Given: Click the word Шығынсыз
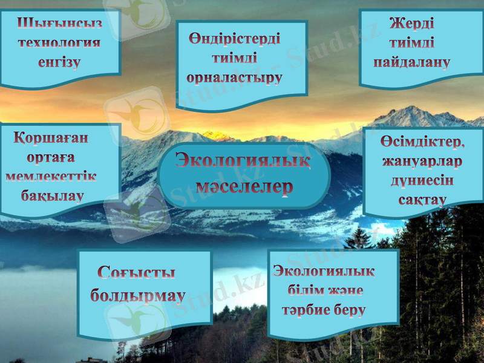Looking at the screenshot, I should (59, 24).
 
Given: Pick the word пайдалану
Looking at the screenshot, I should (411, 62).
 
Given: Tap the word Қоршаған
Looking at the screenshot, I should (51, 138).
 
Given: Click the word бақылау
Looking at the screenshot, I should (52, 195).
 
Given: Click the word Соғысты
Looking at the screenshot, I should (137, 273).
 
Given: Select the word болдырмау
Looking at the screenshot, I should (138, 296).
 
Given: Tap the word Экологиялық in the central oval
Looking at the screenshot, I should (244, 161).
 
